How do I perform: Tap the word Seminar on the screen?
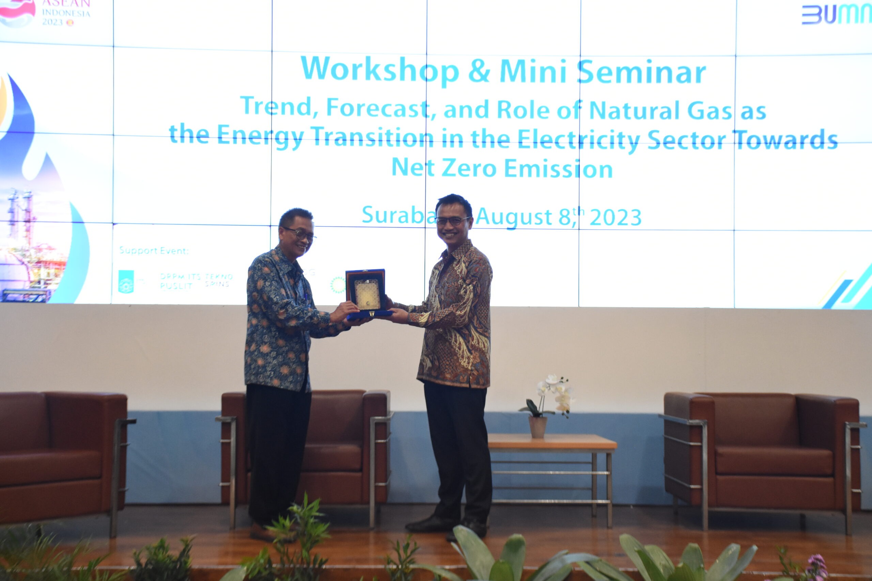641,72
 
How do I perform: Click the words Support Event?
154,251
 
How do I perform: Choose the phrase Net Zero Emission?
502,168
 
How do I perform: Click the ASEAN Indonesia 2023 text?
66,13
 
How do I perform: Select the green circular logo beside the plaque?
337,285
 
